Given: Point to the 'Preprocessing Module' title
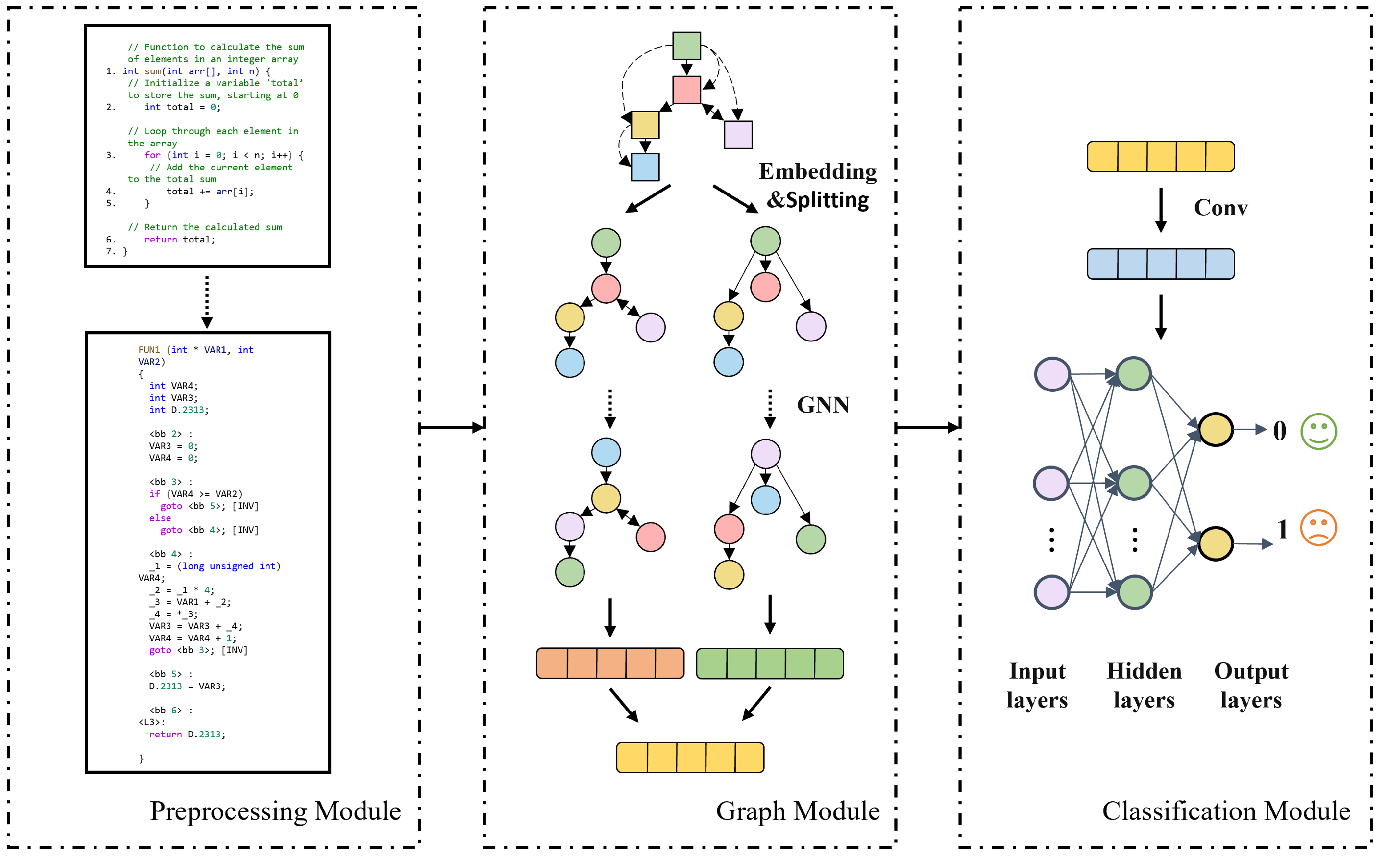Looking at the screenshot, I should tap(275, 811).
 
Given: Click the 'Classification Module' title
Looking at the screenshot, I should tap(1225, 811).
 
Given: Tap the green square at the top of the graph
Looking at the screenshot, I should tap(686, 46).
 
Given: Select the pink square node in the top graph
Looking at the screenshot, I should tap(686, 89).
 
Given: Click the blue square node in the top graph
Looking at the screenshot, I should tap(645, 167).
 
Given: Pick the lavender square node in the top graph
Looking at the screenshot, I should tap(738, 135).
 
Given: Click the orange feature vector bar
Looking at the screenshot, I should tap(610, 663).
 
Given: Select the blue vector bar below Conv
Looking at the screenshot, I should tap(1160, 264).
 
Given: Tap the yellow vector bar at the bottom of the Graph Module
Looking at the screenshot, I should tap(690, 757).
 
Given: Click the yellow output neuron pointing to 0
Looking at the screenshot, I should tap(1215, 430).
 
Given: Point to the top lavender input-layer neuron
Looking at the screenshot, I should tap(1051, 374).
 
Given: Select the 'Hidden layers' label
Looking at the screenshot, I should tap(1144, 685).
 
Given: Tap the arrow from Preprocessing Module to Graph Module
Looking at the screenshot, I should tap(451, 427).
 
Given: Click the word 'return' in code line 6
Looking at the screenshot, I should tap(160, 240).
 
